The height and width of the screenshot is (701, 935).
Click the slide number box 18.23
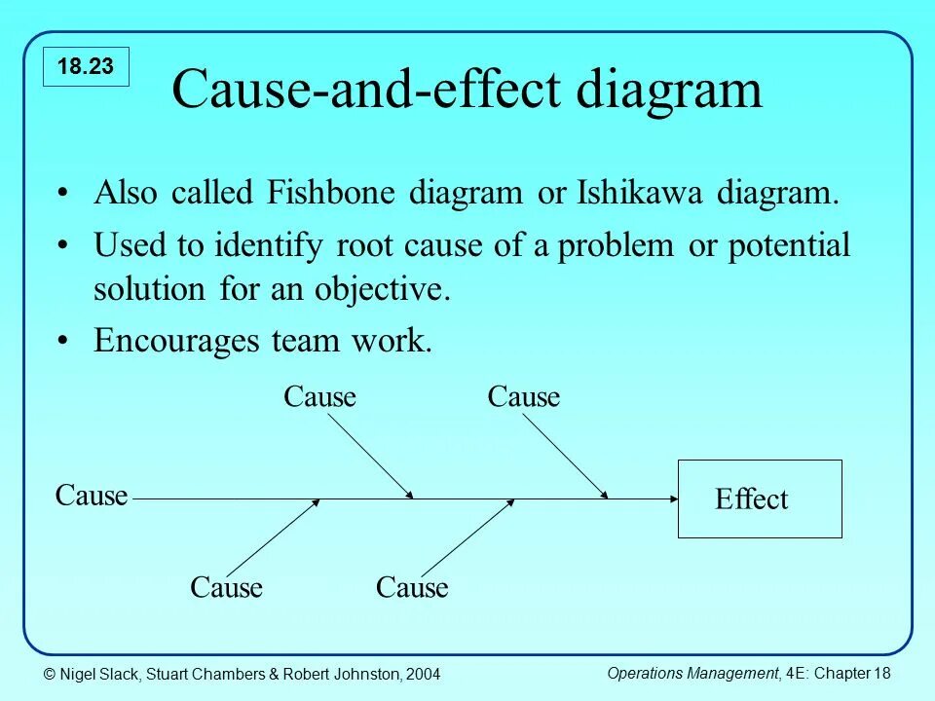click(x=86, y=66)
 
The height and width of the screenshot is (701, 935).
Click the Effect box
click(x=760, y=498)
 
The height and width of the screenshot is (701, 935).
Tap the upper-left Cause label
click(x=319, y=397)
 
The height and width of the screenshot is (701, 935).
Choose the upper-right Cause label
click(x=524, y=397)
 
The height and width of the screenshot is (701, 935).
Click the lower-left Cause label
click(x=226, y=588)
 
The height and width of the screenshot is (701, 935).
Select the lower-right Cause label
click(x=412, y=588)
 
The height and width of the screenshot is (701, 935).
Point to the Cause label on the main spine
click(x=92, y=496)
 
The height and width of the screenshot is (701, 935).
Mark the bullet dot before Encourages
click(x=62, y=341)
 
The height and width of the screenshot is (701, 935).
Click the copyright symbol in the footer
click(x=48, y=674)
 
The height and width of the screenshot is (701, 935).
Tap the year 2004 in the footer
click(x=422, y=674)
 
